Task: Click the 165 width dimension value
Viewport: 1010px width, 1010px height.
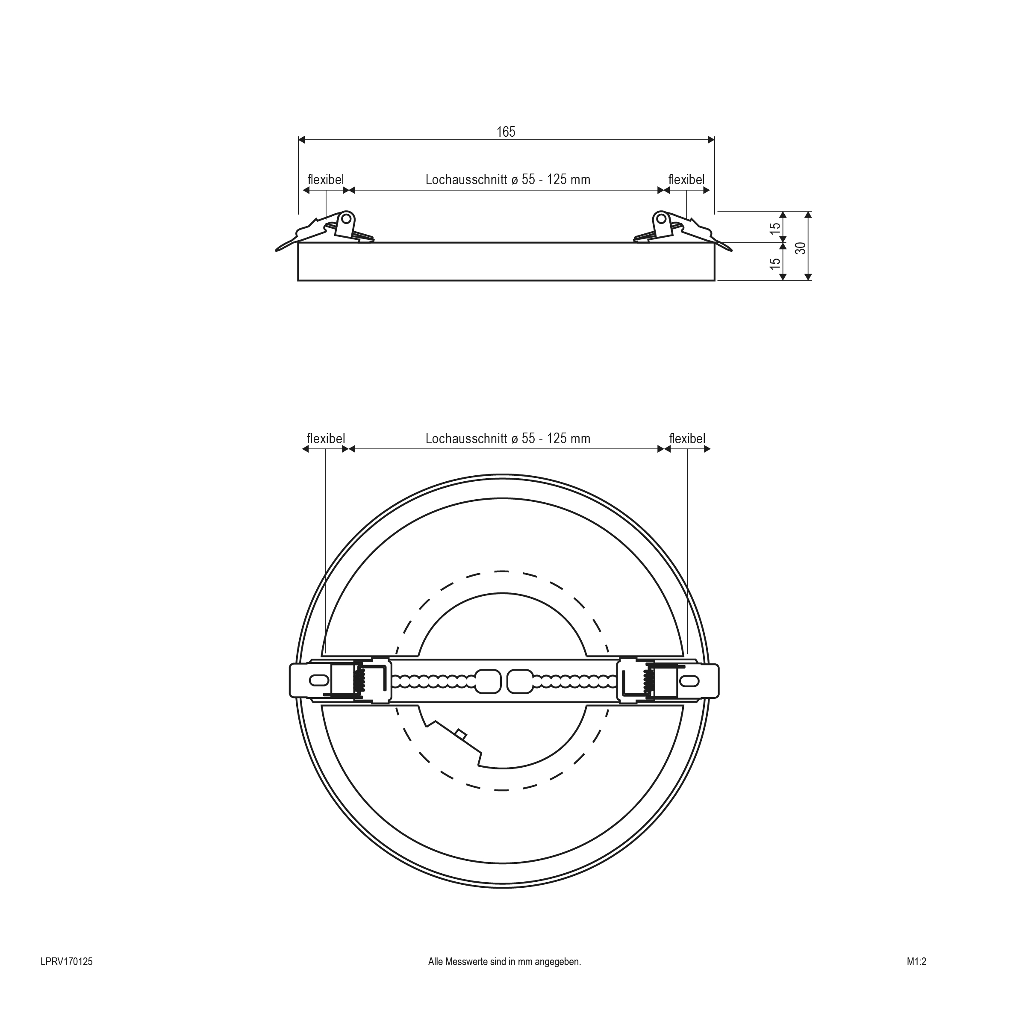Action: point(506,132)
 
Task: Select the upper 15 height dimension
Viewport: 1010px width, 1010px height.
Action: point(775,228)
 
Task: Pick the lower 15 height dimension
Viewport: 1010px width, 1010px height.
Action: point(775,263)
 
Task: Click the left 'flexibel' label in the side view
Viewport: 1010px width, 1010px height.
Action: point(326,180)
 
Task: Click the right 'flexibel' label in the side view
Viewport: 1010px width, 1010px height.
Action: point(686,180)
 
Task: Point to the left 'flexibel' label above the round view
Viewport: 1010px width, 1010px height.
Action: point(326,439)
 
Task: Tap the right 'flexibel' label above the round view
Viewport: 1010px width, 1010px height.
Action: point(687,439)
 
